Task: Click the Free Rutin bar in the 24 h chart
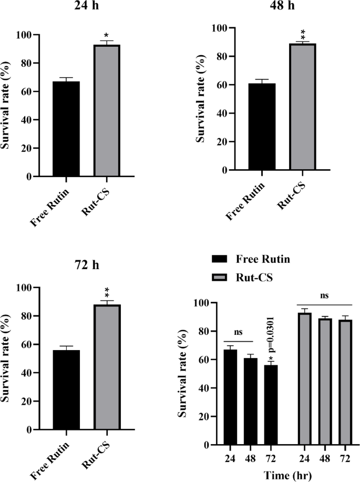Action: point(66,129)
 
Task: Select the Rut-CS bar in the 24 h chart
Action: point(107,111)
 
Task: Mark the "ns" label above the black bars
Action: point(239,333)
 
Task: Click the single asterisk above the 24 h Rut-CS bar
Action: point(107,37)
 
